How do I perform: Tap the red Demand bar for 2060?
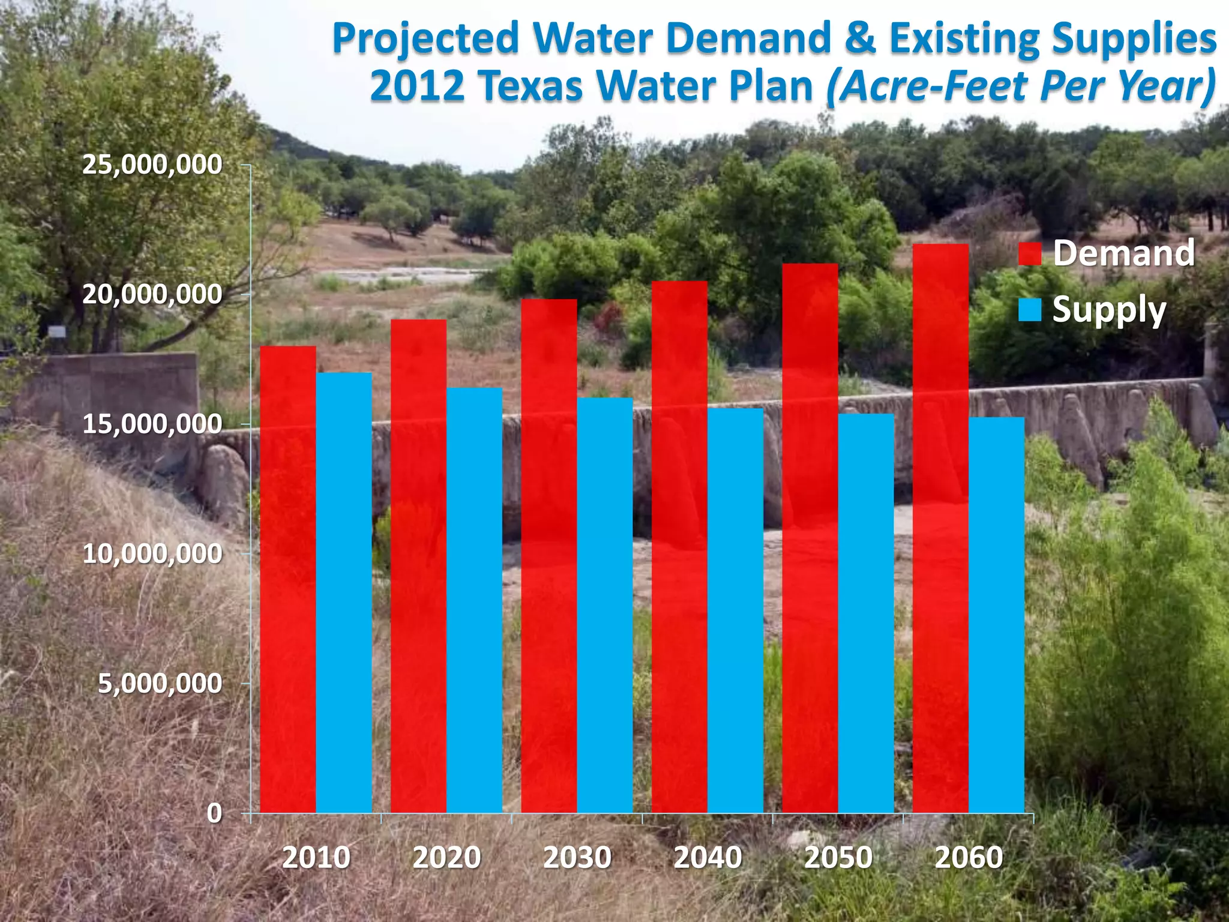click(x=940, y=528)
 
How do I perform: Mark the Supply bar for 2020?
click(x=474, y=600)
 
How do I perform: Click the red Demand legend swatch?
click(x=1030, y=253)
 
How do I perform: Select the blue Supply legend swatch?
click(x=1030, y=310)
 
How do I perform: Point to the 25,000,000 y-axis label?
click(x=152, y=164)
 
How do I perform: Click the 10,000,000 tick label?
click(x=152, y=553)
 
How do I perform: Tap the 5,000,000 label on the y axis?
click(x=160, y=683)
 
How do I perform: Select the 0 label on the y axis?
click(x=214, y=813)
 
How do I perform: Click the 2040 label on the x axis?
click(x=708, y=858)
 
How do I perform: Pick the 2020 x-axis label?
click(x=446, y=858)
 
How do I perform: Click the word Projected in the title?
click(x=425, y=39)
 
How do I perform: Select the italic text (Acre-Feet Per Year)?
click(x=1021, y=86)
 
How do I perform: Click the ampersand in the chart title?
click(x=859, y=39)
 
